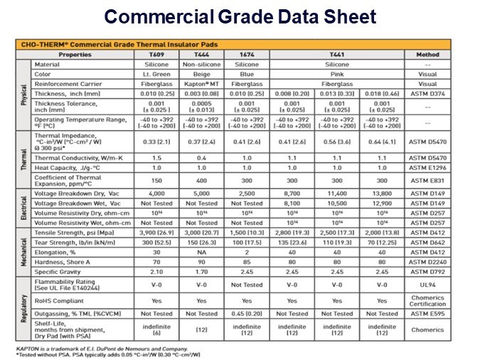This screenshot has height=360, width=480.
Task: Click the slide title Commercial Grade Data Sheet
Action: (x=240, y=16)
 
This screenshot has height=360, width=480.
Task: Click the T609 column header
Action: (x=154, y=54)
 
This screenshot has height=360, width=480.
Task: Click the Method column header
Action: (x=427, y=54)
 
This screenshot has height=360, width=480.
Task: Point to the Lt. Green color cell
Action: (x=154, y=73)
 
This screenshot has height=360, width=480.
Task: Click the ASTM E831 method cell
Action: (x=427, y=180)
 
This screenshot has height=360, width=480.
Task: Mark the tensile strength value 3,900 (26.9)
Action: (x=154, y=232)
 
